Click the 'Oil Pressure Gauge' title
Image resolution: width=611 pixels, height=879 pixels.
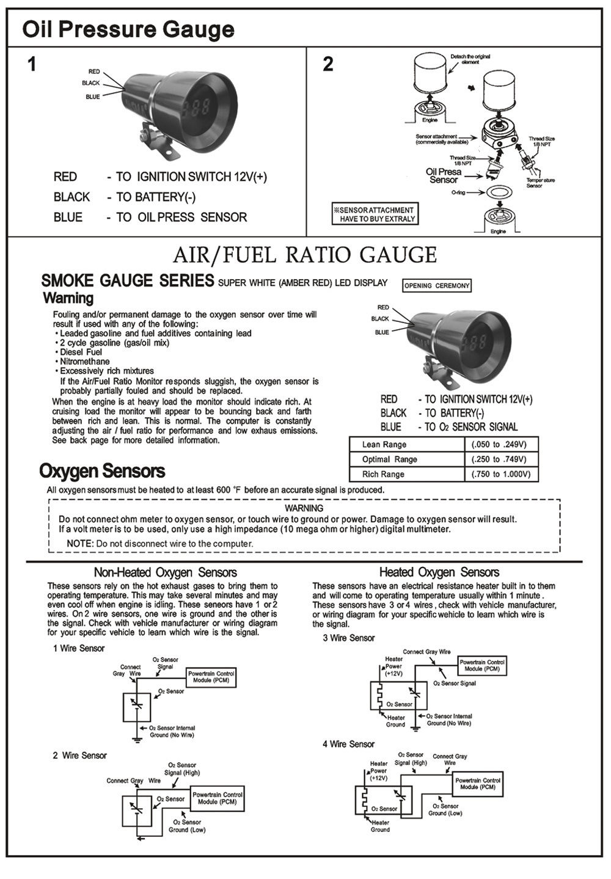(x=128, y=29)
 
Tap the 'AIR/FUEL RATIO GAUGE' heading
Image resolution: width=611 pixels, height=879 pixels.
(x=305, y=255)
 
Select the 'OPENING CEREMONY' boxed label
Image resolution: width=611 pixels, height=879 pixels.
(x=437, y=286)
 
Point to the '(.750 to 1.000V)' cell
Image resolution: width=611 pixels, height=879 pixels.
(x=501, y=474)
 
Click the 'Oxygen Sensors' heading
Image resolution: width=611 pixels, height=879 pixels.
(x=102, y=471)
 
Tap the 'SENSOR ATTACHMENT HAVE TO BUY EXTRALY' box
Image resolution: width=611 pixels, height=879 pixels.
(x=375, y=214)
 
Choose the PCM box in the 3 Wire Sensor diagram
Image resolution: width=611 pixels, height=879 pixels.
(x=482, y=666)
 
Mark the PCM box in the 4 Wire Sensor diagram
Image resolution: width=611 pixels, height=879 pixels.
(x=478, y=784)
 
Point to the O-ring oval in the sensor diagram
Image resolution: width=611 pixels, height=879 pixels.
(x=499, y=192)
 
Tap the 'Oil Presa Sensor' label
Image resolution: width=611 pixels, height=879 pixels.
(x=444, y=176)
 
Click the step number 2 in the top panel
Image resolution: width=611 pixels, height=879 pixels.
(x=328, y=64)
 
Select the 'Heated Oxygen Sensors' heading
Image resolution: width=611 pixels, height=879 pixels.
(x=439, y=572)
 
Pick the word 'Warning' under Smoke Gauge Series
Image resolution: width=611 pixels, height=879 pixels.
(x=68, y=298)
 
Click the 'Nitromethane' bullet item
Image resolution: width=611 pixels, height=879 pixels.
(x=84, y=362)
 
